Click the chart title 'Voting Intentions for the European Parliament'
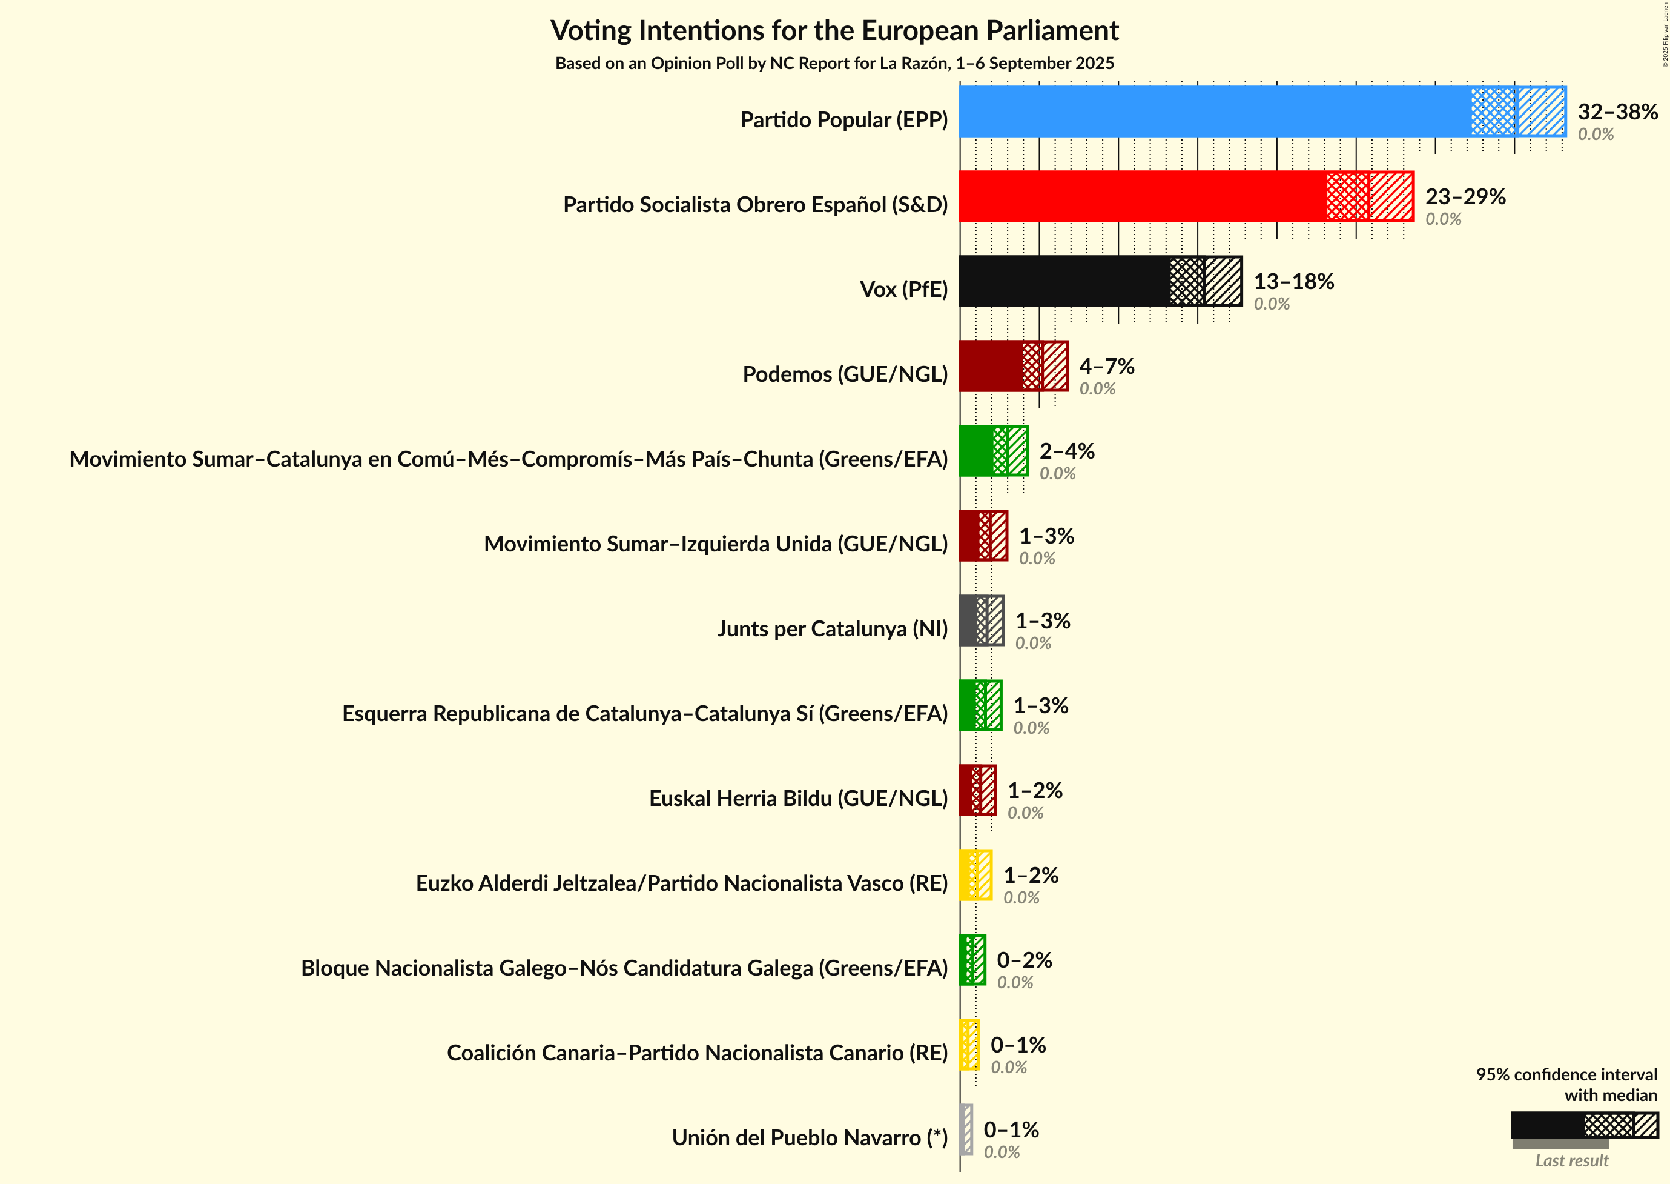834,31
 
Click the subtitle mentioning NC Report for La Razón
834,64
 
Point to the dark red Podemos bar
991,365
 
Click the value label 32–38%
1617,111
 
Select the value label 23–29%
1465,196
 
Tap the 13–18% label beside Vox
1293,281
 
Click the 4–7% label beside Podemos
1106,365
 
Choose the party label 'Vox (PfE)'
903,290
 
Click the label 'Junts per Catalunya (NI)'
832,628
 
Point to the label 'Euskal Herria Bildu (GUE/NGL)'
798,799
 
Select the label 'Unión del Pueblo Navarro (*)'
810,1137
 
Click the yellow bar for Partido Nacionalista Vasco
975,875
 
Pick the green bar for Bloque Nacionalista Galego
972,959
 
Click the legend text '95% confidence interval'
1566,1074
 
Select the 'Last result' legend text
1572,1160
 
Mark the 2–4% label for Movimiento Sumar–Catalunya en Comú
1067,451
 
